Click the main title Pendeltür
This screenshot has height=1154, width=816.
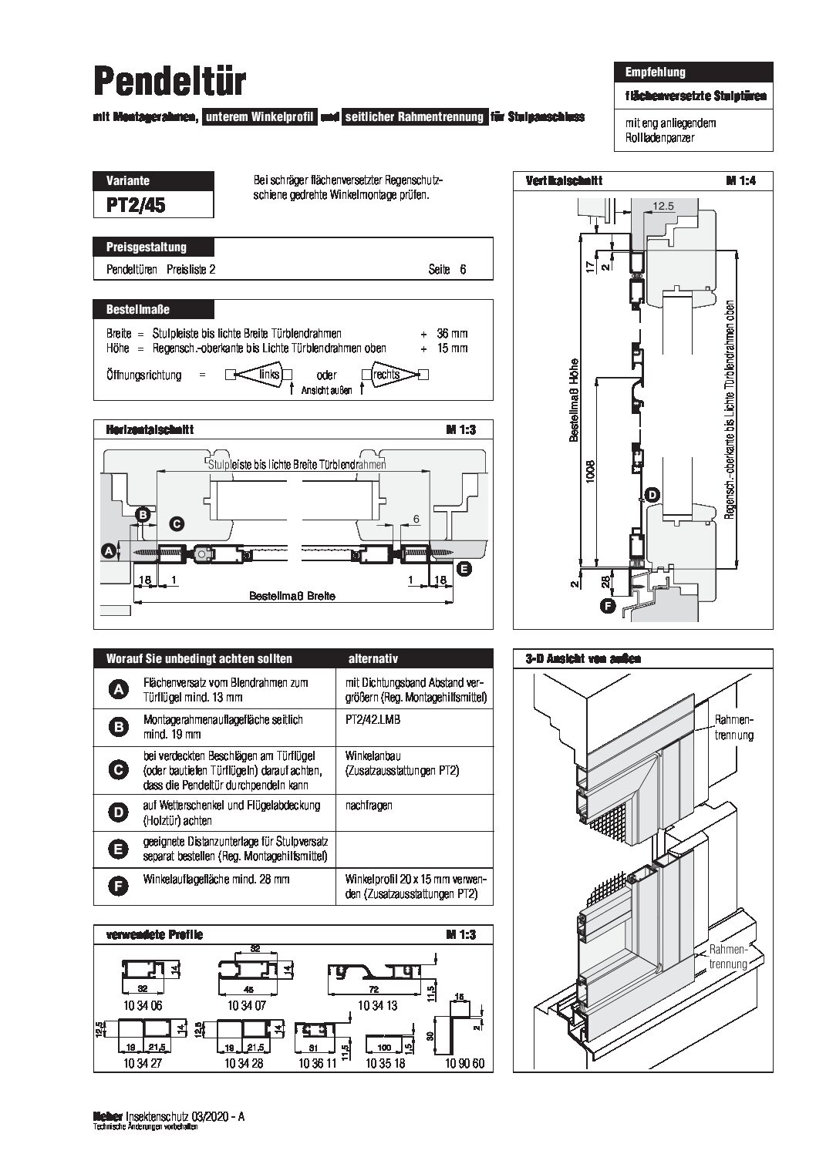170,81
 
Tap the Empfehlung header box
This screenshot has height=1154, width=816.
655,72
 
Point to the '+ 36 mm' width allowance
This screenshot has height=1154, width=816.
443,334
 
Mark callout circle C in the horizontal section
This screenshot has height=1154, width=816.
176,524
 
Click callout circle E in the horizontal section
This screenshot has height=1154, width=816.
464,569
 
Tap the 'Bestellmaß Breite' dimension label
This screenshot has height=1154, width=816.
292,596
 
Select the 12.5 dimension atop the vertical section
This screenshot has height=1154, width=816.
663,207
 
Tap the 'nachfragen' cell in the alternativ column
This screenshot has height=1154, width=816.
369,805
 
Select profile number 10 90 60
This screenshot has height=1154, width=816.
464,1064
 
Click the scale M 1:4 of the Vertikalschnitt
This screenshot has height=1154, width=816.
743,180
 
